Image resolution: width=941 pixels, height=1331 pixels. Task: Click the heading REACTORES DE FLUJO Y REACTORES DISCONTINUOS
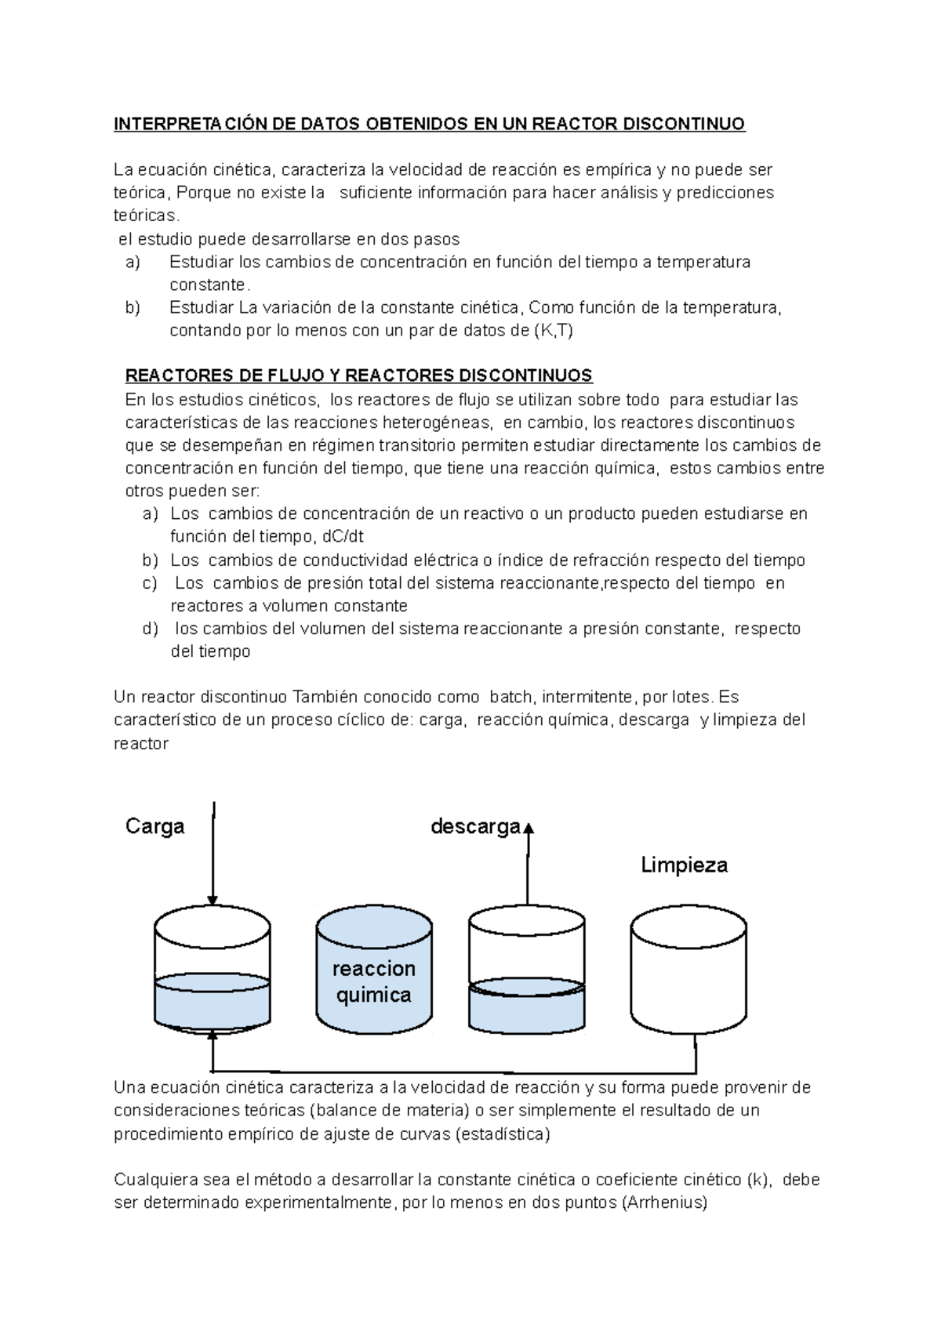click(x=358, y=375)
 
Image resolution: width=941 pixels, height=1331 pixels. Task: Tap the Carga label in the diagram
click(x=154, y=826)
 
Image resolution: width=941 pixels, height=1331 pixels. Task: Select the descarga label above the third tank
click(x=475, y=826)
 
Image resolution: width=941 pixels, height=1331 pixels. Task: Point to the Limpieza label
click(x=684, y=865)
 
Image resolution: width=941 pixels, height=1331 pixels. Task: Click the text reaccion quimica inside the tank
click(x=373, y=981)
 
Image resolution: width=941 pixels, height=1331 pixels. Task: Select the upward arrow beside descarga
click(x=528, y=862)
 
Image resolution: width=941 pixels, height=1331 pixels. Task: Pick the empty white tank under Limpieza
click(x=688, y=972)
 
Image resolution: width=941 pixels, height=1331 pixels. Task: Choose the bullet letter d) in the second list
click(x=150, y=629)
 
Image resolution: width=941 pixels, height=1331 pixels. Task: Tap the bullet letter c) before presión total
click(x=150, y=583)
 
